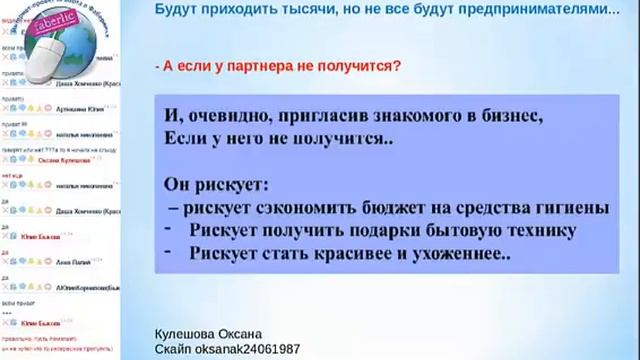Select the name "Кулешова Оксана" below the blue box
click(x=208, y=333)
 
